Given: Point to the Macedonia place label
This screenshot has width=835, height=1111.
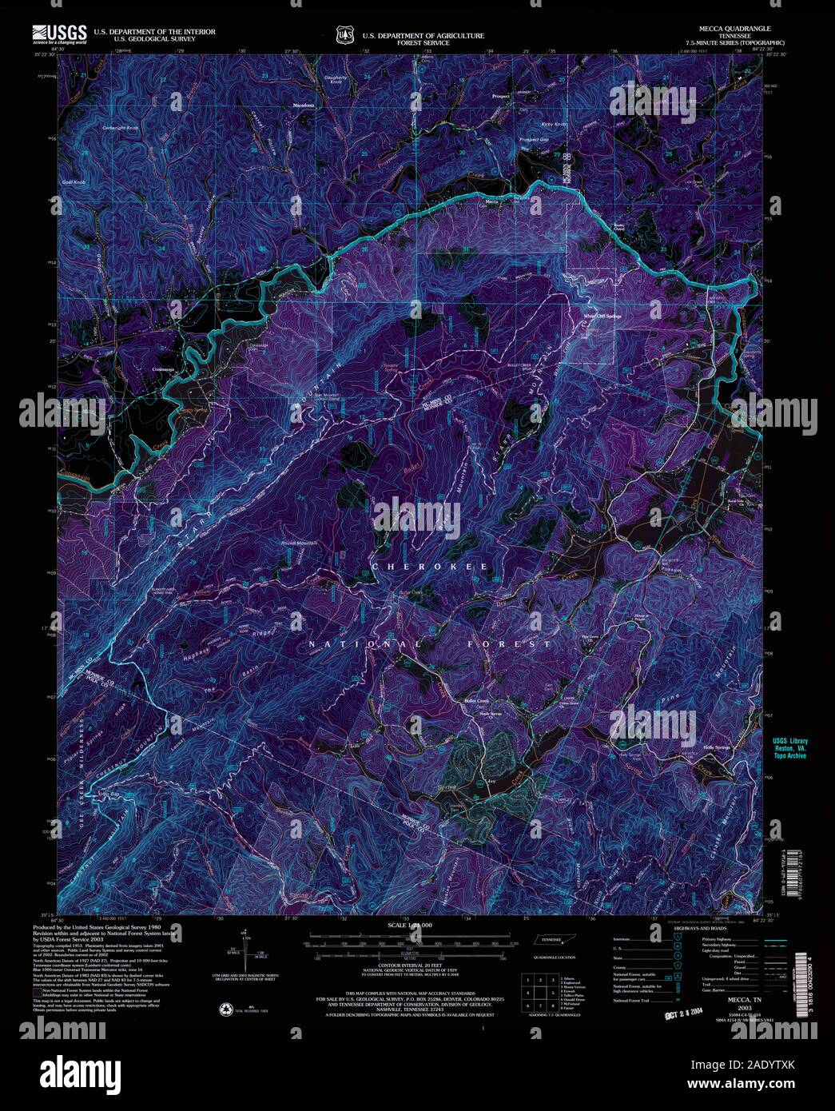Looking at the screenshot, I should (304, 105).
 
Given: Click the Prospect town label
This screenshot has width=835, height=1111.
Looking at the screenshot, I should (500, 96).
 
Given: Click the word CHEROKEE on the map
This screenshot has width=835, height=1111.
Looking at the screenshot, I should (429, 566).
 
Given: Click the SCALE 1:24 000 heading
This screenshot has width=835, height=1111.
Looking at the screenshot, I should (409, 925).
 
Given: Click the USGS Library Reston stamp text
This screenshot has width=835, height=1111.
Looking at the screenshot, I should (789, 747).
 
